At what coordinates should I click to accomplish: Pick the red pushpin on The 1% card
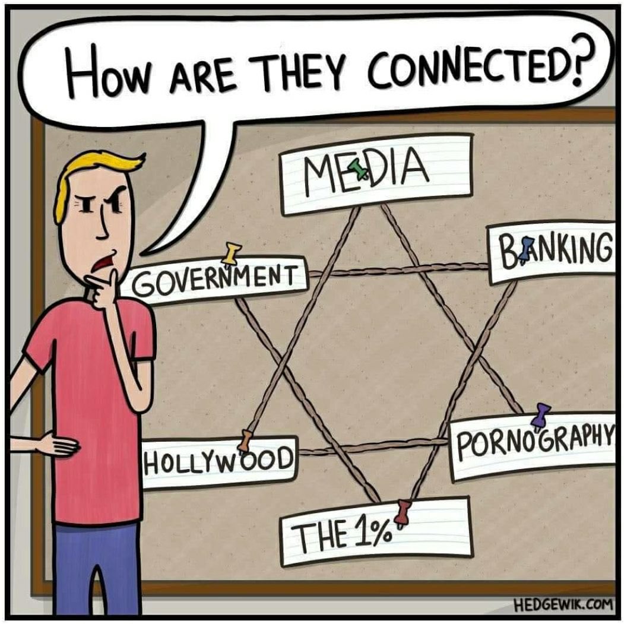[403, 514]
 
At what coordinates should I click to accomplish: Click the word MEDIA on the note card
[366, 172]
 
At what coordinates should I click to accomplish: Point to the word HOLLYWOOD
[218, 461]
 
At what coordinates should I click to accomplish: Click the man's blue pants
[98, 569]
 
